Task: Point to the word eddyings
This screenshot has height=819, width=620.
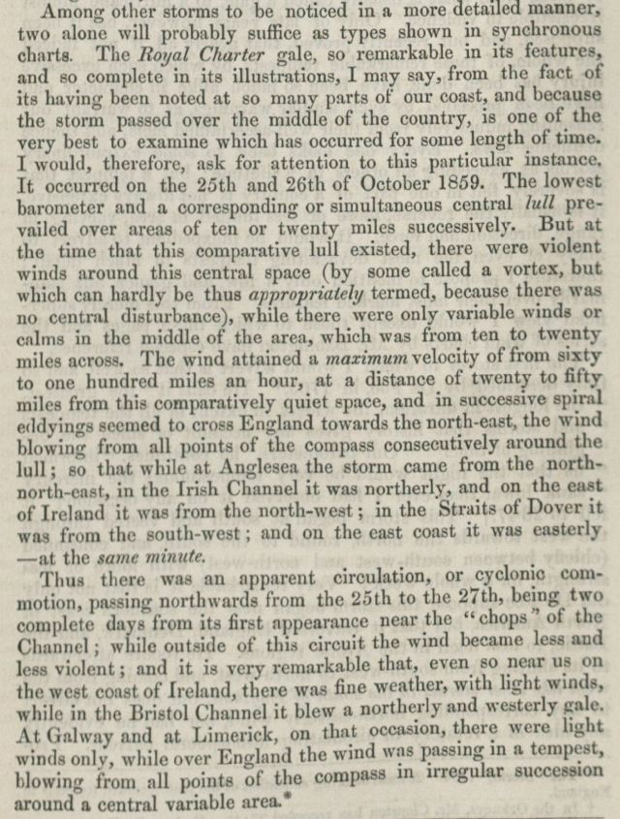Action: click(x=50, y=403)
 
